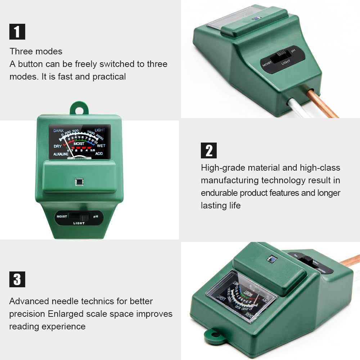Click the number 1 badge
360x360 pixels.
(17, 31)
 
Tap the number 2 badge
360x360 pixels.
(209, 150)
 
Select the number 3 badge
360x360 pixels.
(17, 279)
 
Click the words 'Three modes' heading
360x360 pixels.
(36, 51)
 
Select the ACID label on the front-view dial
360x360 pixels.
(99, 154)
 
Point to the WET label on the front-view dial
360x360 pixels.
(101, 146)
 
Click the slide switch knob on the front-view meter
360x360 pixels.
(85, 217)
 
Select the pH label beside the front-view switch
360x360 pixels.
(96, 217)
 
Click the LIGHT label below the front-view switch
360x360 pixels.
(79, 223)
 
